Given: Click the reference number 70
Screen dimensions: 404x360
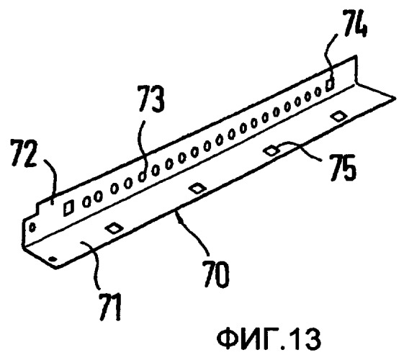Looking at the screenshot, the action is (x=215, y=274).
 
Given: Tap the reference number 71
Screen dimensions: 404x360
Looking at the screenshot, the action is (x=110, y=307).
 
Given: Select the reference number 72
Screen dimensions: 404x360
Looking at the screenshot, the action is (x=24, y=153).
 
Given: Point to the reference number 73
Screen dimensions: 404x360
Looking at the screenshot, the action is (x=151, y=99).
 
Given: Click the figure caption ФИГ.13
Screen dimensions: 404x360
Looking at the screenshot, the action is (x=269, y=339).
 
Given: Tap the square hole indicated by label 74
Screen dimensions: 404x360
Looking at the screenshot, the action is (x=330, y=84).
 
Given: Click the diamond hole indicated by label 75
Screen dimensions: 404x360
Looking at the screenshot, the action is (x=271, y=150).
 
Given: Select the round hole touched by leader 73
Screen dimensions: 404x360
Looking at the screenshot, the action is (x=142, y=177).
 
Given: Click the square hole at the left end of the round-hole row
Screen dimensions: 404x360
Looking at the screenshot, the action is (x=68, y=208).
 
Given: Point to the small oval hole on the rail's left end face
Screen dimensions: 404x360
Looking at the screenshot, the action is (x=32, y=228).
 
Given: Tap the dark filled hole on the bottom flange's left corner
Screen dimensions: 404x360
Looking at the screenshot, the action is (x=53, y=258).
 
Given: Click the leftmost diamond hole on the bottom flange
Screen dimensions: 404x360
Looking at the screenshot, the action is (x=113, y=228).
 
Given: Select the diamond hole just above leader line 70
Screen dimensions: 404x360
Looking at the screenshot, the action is (x=197, y=189).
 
